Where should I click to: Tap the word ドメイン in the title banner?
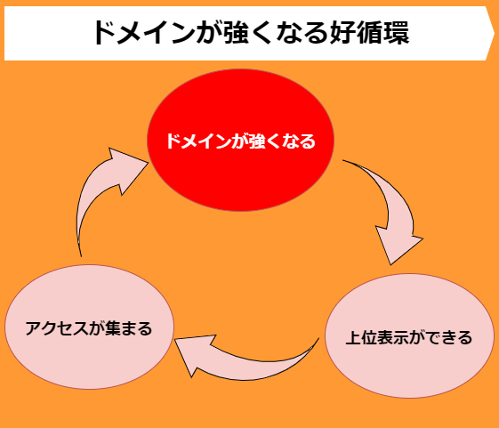coord(143,33)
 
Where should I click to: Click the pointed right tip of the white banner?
coord(495,33)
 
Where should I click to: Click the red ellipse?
coord(240,140)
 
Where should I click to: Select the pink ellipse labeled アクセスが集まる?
coord(89,327)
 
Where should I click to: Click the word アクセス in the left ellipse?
coord(57,328)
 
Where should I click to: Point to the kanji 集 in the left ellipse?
coord(112,328)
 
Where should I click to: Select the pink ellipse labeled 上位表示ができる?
coord(409,336)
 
